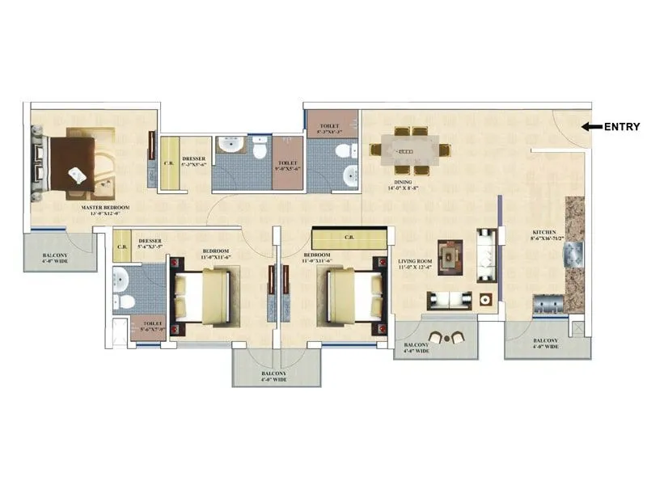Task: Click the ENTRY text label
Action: (x=623, y=126)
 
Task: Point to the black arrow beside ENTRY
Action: (x=592, y=126)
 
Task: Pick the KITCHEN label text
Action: (x=546, y=234)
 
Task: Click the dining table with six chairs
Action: (x=410, y=150)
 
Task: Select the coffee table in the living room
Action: (x=449, y=255)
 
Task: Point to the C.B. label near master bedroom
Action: (x=169, y=163)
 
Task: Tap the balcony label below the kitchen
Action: (x=543, y=344)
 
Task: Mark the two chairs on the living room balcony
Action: (x=446, y=337)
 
